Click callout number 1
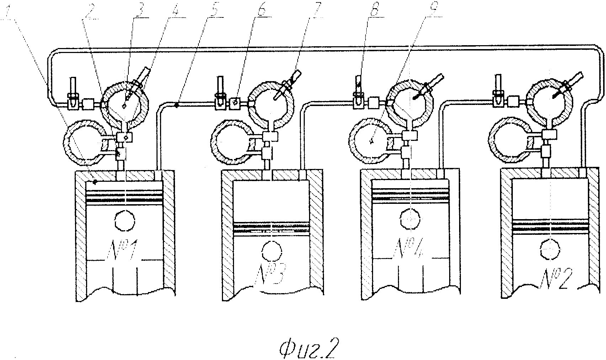[x=5, y=12]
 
